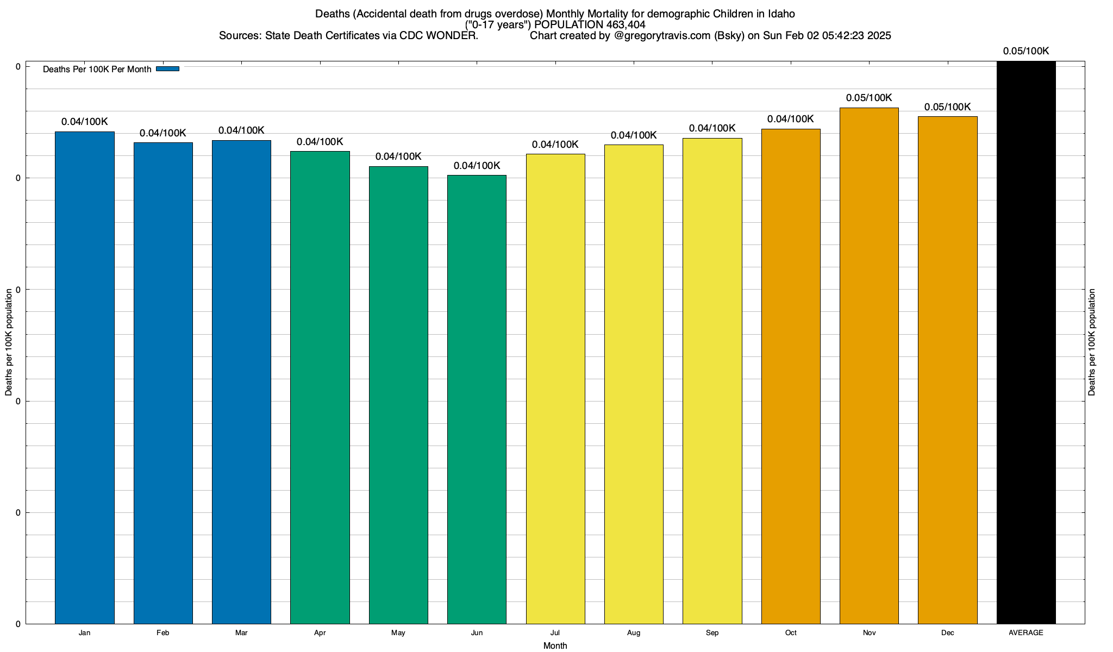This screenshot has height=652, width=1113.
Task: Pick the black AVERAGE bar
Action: (x=1026, y=342)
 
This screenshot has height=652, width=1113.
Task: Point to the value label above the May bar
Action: (x=398, y=156)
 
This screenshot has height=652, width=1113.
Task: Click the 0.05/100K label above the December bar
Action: (x=947, y=107)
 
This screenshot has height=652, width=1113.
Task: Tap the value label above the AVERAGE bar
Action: (x=1026, y=51)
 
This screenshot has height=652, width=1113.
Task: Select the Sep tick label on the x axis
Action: (x=712, y=632)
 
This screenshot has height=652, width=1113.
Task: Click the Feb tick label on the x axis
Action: (x=162, y=632)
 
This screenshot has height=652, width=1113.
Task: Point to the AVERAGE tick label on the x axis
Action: (x=1026, y=632)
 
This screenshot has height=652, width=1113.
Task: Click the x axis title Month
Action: (x=555, y=645)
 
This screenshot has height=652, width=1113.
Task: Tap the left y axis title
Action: (x=9, y=342)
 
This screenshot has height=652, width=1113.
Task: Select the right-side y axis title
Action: (x=1092, y=342)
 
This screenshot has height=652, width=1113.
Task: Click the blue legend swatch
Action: (x=167, y=69)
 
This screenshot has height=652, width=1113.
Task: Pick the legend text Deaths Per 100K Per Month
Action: (x=97, y=69)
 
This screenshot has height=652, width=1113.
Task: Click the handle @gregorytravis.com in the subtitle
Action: (x=662, y=36)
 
